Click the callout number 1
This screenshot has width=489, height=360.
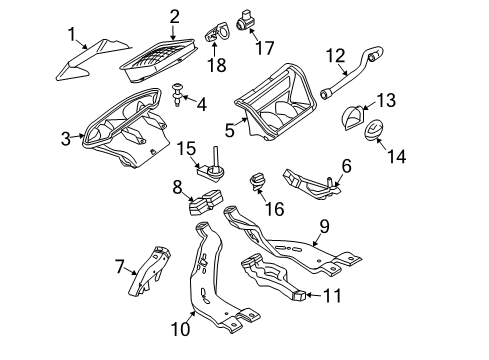(x=72, y=35)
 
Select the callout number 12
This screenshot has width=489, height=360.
(x=335, y=56)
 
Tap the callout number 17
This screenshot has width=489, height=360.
(x=265, y=48)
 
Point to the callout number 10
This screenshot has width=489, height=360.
(x=180, y=329)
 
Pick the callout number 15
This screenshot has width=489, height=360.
(x=186, y=148)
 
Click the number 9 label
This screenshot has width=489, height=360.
(x=324, y=226)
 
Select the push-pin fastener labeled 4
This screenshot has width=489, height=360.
(x=178, y=95)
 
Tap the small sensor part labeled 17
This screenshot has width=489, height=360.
(x=244, y=21)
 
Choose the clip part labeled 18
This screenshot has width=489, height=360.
(x=216, y=32)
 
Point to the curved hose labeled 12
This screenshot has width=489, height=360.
(x=350, y=73)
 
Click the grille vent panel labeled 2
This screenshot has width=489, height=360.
(x=158, y=60)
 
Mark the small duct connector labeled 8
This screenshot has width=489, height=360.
(x=205, y=202)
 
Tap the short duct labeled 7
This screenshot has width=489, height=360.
(x=149, y=271)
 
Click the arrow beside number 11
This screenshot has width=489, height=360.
(x=314, y=295)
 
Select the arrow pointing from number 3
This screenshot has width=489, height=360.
(x=78, y=136)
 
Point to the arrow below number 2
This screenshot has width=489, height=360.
(x=173, y=33)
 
